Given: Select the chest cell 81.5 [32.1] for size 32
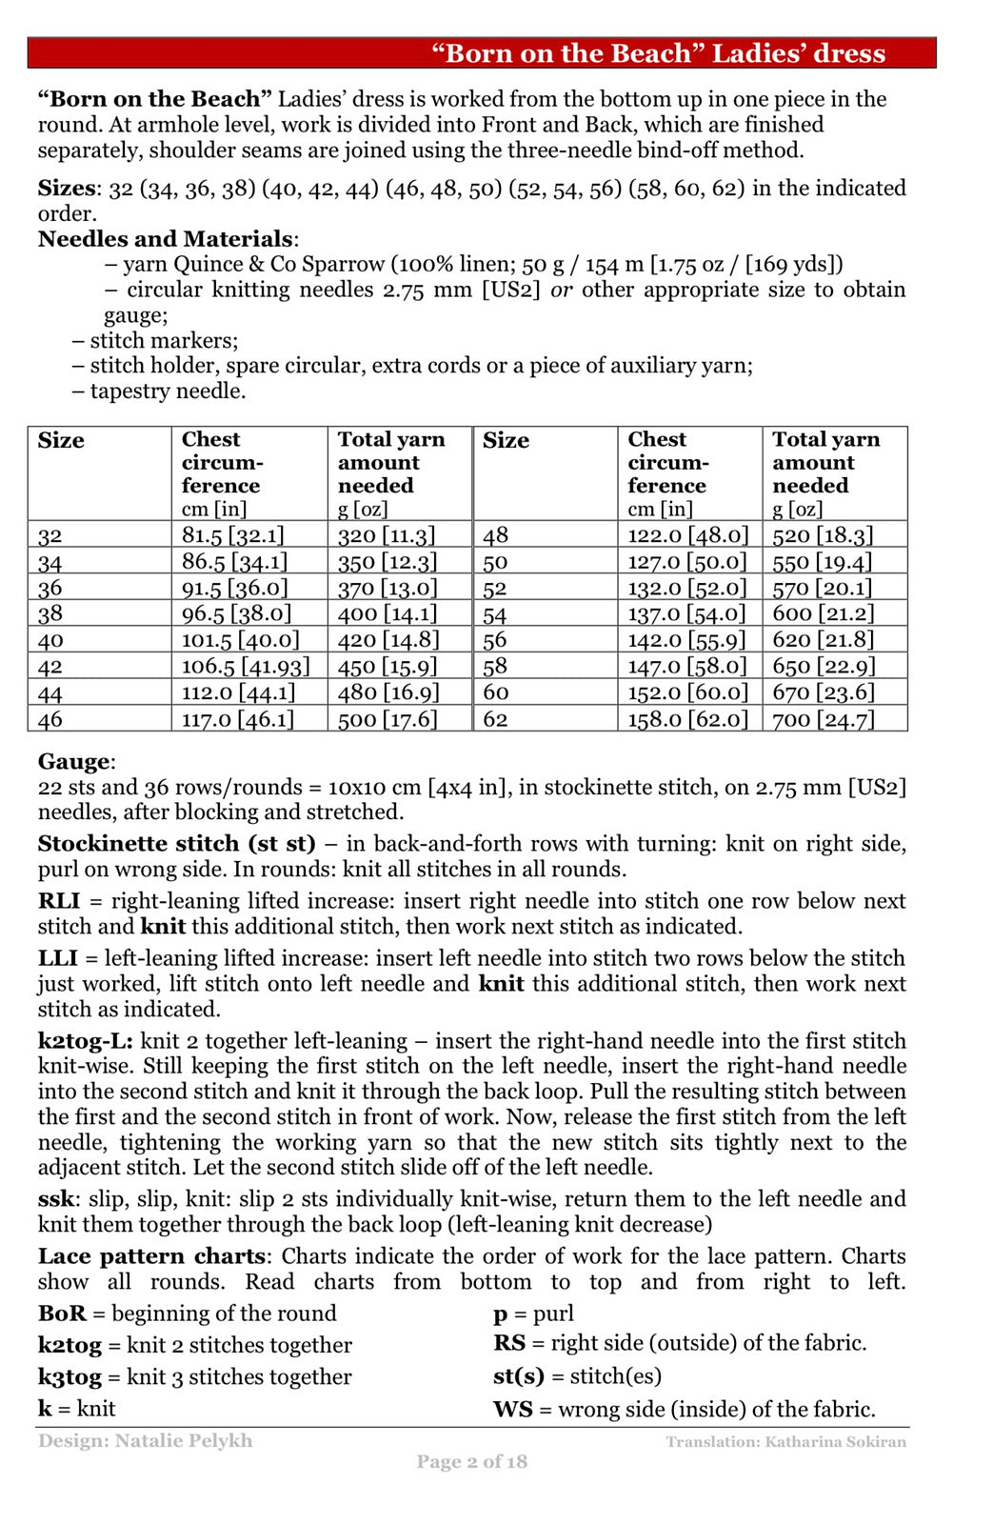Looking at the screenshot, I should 232,535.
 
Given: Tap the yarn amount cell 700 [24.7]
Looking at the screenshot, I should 823,719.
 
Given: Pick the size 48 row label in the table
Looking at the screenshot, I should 495,535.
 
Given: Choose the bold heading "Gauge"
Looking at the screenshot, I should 74,762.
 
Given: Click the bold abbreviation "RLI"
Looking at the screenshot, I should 58,901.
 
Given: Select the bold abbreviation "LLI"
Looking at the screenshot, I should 57,958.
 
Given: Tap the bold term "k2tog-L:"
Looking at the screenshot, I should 85,1041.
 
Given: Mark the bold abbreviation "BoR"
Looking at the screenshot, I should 62,1313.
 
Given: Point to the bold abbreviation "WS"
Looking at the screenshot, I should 512,1410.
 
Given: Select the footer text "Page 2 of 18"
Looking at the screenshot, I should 471,1462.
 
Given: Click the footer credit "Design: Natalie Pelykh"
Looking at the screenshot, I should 145,1441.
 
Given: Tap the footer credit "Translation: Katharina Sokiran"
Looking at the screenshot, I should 785,1442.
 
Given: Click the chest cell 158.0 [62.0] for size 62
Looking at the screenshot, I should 687,719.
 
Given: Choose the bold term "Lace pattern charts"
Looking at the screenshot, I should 151,1256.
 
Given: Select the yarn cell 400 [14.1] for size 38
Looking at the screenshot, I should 387,614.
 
